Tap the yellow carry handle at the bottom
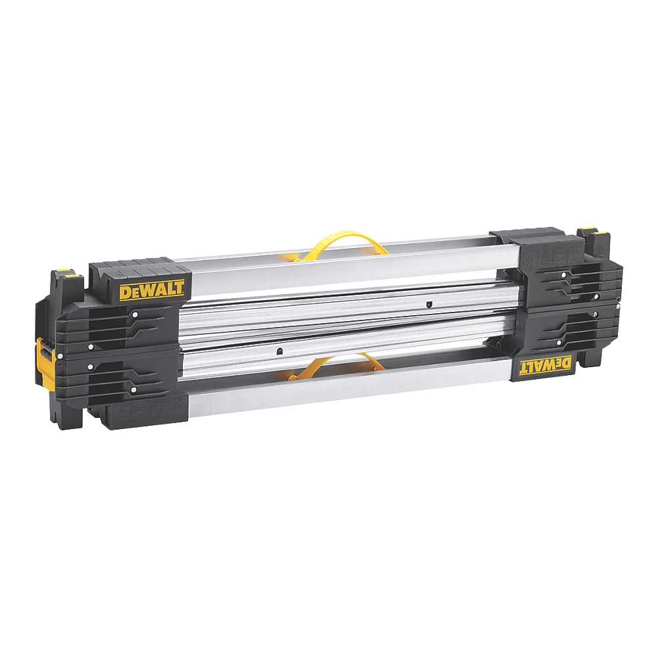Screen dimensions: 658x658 click(x=338, y=366)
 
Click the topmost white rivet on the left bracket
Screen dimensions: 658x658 click(x=135, y=315)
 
